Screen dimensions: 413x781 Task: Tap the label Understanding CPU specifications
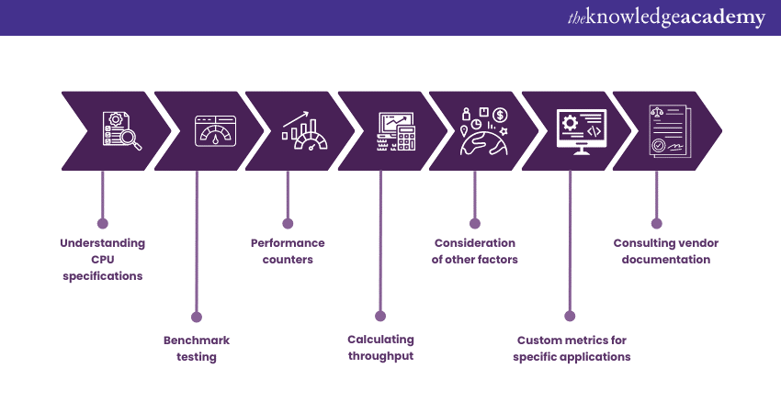click(103, 259)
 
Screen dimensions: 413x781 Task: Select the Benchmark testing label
click(197, 348)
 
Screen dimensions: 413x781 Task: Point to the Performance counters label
click(288, 251)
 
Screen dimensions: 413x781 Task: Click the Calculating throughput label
click(380, 348)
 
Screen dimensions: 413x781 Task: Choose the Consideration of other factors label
click(475, 251)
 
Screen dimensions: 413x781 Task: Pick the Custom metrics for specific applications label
click(572, 348)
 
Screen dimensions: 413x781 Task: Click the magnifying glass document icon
click(120, 131)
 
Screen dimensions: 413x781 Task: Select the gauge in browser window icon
click(215, 131)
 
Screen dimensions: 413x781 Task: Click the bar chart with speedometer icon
click(306, 131)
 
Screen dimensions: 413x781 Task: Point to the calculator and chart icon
click(397, 131)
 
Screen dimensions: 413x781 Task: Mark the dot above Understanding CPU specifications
click(103, 222)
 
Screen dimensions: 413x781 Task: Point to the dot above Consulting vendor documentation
click(656, 222)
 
